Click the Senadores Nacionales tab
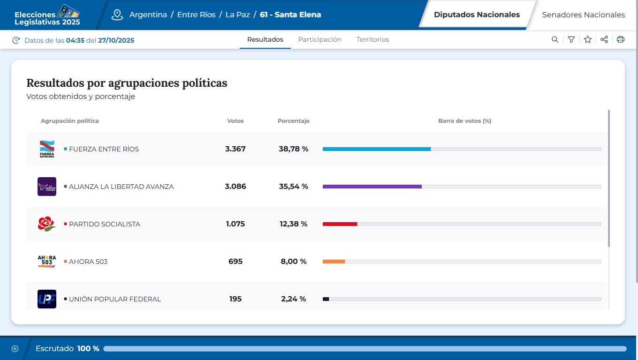(x=583, y=15)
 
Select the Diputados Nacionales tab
(x=477, y=15)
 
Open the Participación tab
(x=319, y=39)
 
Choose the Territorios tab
(x=372, y=39)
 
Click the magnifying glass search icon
(x=555, y=40)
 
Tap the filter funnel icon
(x=571, y=40)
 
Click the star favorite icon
(x=588, y=40)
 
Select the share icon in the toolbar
(x=604, y=40)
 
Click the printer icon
(x=621, y=40)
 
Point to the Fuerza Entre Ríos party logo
(x=47, y=149)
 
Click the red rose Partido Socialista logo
(x=47, y=224)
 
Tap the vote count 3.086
(x=235, y=187)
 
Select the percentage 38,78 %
(x=293, y=149)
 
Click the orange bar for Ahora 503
(x=334, y=262)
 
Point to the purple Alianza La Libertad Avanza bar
(x=372, y=187)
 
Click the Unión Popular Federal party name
(x=115, y=299)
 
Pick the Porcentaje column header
(x=293, y=121)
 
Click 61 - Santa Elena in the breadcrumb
(x=290, y=15)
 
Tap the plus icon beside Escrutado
(x=15, y=349)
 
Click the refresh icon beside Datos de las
(x=16, y=40)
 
